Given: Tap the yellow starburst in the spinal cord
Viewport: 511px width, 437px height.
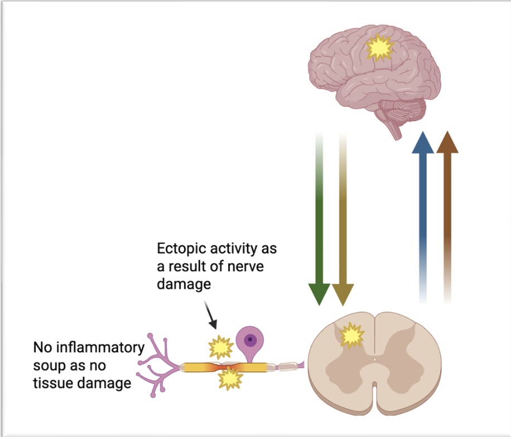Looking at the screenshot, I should coord(352,336).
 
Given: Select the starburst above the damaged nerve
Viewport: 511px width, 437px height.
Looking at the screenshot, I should coord(220,347).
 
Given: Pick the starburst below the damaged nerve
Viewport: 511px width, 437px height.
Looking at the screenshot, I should coord(229,378).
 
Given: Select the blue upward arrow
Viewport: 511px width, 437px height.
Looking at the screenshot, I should coord(422,212).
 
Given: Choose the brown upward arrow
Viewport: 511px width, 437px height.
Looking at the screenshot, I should coord(447,212).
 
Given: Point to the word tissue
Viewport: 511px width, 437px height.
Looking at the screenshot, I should coord(51,383).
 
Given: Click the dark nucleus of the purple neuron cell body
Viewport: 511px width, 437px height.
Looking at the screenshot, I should coord(250,339).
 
